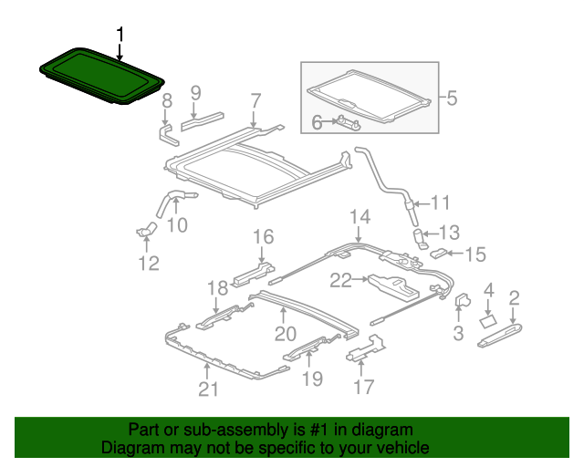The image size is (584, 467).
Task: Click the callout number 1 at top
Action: point(119,35)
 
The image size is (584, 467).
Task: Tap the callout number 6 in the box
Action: point(317,120)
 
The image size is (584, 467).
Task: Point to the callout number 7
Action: point(255,100)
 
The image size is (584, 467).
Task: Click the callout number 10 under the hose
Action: point(177,224)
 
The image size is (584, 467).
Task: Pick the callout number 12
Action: point(148,264)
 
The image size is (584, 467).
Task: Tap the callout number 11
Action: point(441,202)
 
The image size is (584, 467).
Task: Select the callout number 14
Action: point(360,217)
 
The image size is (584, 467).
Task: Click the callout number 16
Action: point(263,238)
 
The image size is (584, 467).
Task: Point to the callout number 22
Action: point(340,282)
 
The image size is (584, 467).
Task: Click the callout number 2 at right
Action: point(514,296)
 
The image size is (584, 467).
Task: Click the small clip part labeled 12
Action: point(145,232)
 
